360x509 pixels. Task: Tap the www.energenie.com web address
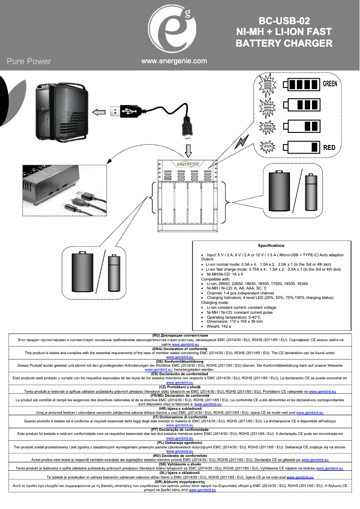174,61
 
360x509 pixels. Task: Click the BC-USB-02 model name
284,21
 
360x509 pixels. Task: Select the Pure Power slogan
29,61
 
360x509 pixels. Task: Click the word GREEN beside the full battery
330,84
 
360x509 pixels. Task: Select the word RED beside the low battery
329,147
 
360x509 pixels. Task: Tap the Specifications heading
271,246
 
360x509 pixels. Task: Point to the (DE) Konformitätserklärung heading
180,361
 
